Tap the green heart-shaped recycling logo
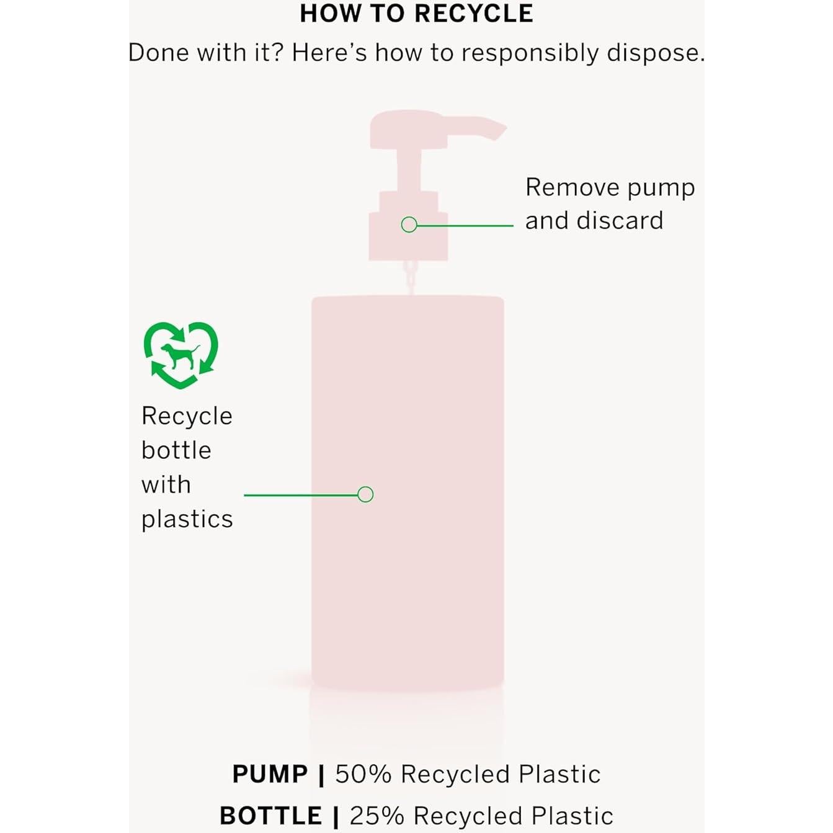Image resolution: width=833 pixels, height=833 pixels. [180, 355]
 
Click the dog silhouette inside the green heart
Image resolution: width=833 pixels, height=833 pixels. [180, 355]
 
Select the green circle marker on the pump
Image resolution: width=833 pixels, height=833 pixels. [409, 225]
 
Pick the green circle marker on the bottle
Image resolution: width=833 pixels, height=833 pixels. [365, 494]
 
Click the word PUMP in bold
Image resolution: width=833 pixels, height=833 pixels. [270, 774]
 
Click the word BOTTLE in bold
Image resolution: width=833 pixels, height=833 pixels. [270, 816]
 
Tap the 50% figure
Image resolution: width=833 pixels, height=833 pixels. [363, 774]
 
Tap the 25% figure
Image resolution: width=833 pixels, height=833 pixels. [377, 816]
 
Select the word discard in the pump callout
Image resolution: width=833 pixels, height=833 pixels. [620, 221]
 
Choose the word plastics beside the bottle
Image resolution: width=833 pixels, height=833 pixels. [187, 519]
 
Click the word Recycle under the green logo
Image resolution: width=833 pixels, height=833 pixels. [187, 416]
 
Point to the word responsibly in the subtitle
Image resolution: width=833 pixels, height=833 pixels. [530, 53]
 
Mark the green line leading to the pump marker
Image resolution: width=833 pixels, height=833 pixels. [465, 226]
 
